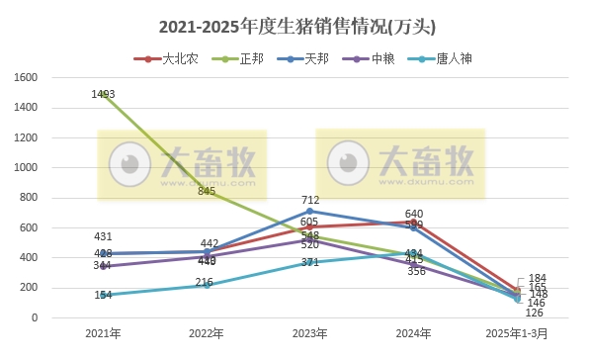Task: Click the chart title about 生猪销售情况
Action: pos(295,25)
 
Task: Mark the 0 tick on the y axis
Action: pos(34,318)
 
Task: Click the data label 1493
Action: pos(104,94)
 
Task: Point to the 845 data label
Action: pos(207,191)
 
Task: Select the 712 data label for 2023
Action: pos(310,200)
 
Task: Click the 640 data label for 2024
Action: pos(414,214)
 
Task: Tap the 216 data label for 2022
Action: pos(204,283)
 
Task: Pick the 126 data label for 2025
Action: pos(535,313)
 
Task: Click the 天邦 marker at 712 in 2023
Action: pos(310,211)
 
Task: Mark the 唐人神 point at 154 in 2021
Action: pos(104,295)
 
